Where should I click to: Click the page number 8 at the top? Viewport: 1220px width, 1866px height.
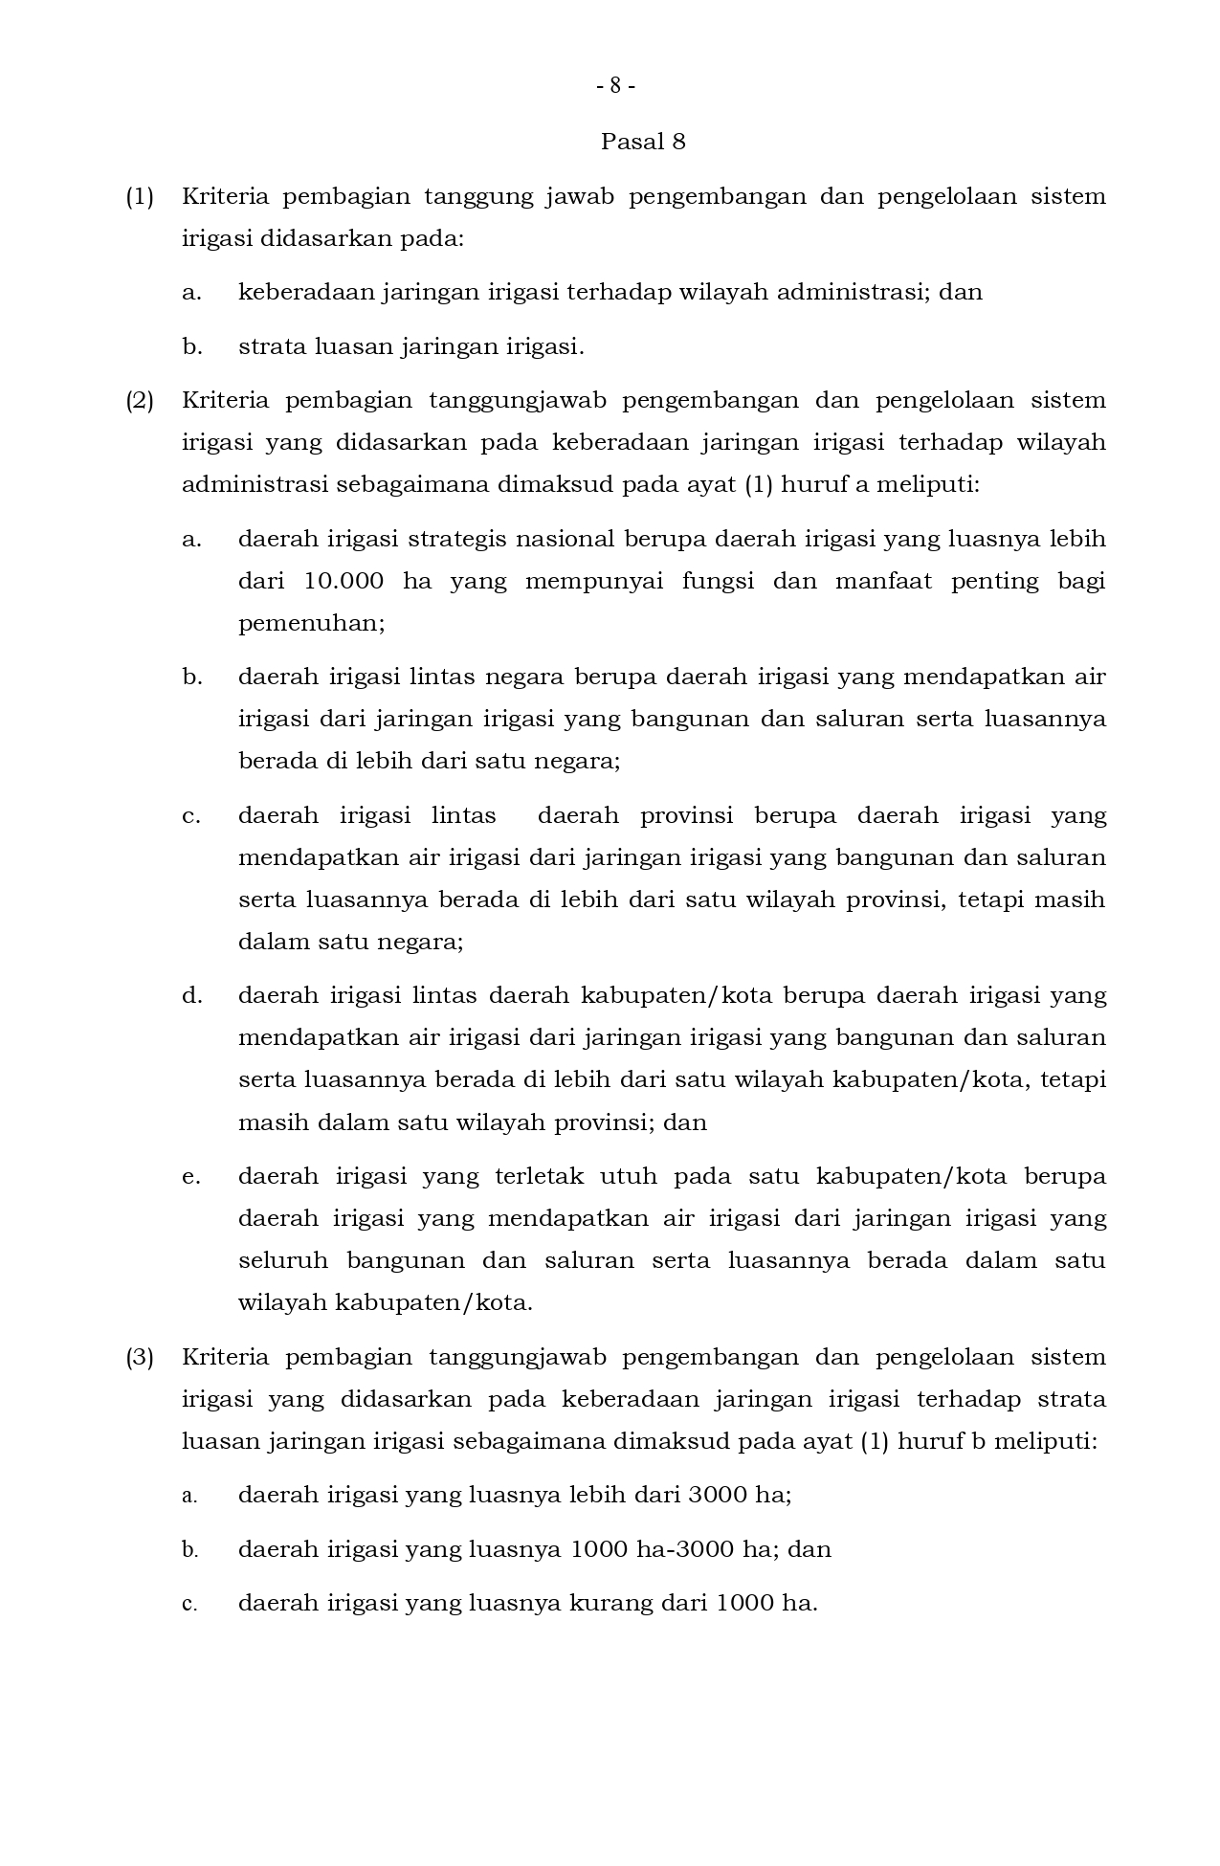point(615,86)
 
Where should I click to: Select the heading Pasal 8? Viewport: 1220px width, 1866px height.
point(643,143)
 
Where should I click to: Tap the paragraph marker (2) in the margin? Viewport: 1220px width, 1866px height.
point(140,400)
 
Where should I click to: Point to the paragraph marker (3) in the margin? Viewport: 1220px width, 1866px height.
point(140,1358)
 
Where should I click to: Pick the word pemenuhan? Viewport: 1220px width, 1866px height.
point(311,624)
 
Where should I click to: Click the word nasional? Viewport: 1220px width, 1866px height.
point(566,539)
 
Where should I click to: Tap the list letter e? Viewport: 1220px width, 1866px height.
point(191,1177)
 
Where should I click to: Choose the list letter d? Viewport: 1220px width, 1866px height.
point(191,996)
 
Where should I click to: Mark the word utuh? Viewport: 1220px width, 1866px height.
point(627,1177)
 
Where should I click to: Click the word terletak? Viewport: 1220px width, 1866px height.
point(539,1177)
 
